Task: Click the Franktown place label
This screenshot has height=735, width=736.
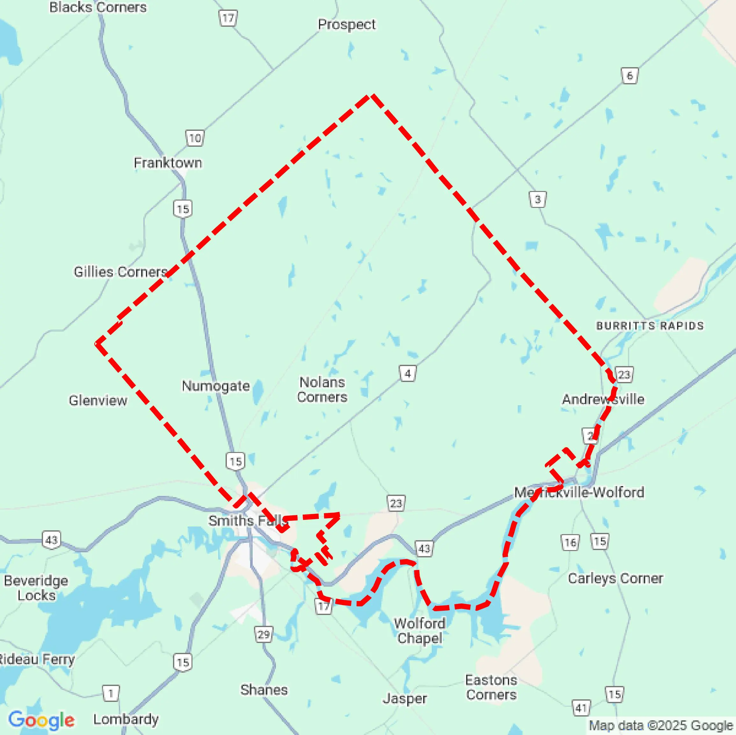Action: pos(168,163)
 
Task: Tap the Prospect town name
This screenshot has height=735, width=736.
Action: pos(346,25)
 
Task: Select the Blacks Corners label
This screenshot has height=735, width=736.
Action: pos(98,7)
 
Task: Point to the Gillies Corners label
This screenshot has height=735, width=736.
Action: pos(120,272)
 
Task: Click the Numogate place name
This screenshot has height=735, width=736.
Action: pos(216,385)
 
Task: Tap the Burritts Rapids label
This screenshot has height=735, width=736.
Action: pos(650,326)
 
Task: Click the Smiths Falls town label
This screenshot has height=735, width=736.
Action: pos(247,520)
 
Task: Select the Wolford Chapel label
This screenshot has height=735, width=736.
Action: pos(419,631)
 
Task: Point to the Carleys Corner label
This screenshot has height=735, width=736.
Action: pos(615,579)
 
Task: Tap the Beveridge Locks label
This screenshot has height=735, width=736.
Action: pos(36,588)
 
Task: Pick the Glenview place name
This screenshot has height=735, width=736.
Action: pos(98,400)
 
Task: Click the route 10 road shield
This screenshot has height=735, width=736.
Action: pos(195,138)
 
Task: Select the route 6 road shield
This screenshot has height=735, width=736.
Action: pos(629,76)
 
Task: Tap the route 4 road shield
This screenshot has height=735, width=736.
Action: pos(407,374)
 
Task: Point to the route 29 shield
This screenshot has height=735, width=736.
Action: pos(263,634)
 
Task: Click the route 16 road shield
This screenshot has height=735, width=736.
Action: pos(570,542)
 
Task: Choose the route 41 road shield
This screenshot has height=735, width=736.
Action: pos(581,708)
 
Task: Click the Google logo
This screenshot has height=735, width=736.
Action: pos(41,720)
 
